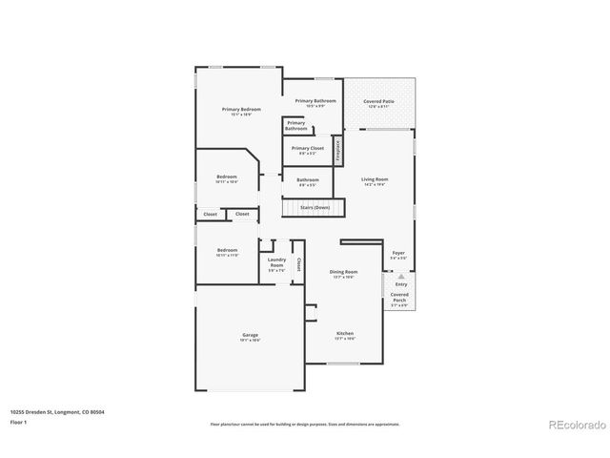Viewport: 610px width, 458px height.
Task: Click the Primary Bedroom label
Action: tap(241, 110)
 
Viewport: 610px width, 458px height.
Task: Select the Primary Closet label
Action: tap(307, 149)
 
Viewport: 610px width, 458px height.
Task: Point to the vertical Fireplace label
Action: tap(337, 151)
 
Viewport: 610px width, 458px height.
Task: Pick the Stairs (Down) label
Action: tap(315, 207)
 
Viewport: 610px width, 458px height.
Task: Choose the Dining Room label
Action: tap(343, 273)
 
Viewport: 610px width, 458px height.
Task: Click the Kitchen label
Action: tap(344, 335)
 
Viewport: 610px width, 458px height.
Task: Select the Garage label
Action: tap(250, 335)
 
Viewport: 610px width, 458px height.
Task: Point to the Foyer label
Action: tap(398, 255)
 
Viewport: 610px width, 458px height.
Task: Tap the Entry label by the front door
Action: tap(400, 283)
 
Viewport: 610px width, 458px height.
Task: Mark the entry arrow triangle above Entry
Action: tap(400, 274)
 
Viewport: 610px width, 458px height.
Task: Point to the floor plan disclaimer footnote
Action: tap(304, 424)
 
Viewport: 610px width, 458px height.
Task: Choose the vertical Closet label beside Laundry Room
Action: tap(298, 263)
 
